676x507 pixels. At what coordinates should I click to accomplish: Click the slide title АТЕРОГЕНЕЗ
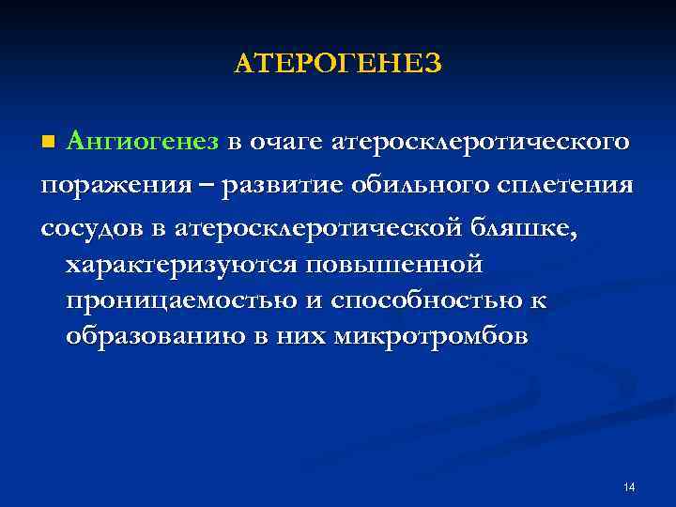(x=337, y=63)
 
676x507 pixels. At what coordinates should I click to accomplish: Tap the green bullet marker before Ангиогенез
(x=50, y=142)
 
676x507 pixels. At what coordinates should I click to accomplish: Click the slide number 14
(x=629, y=486)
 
